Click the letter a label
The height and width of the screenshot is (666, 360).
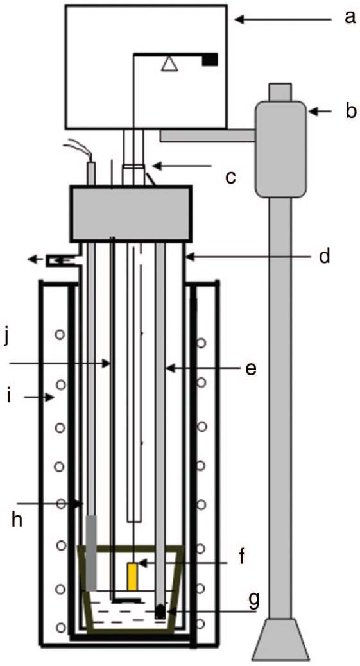349,17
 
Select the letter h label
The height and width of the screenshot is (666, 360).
17,519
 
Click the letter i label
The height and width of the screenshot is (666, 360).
10,397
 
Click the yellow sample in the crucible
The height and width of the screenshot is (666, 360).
133,576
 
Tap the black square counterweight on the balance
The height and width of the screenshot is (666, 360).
210,60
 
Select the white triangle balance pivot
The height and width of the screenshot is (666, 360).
169,64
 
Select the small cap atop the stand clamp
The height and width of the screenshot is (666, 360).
280,92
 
